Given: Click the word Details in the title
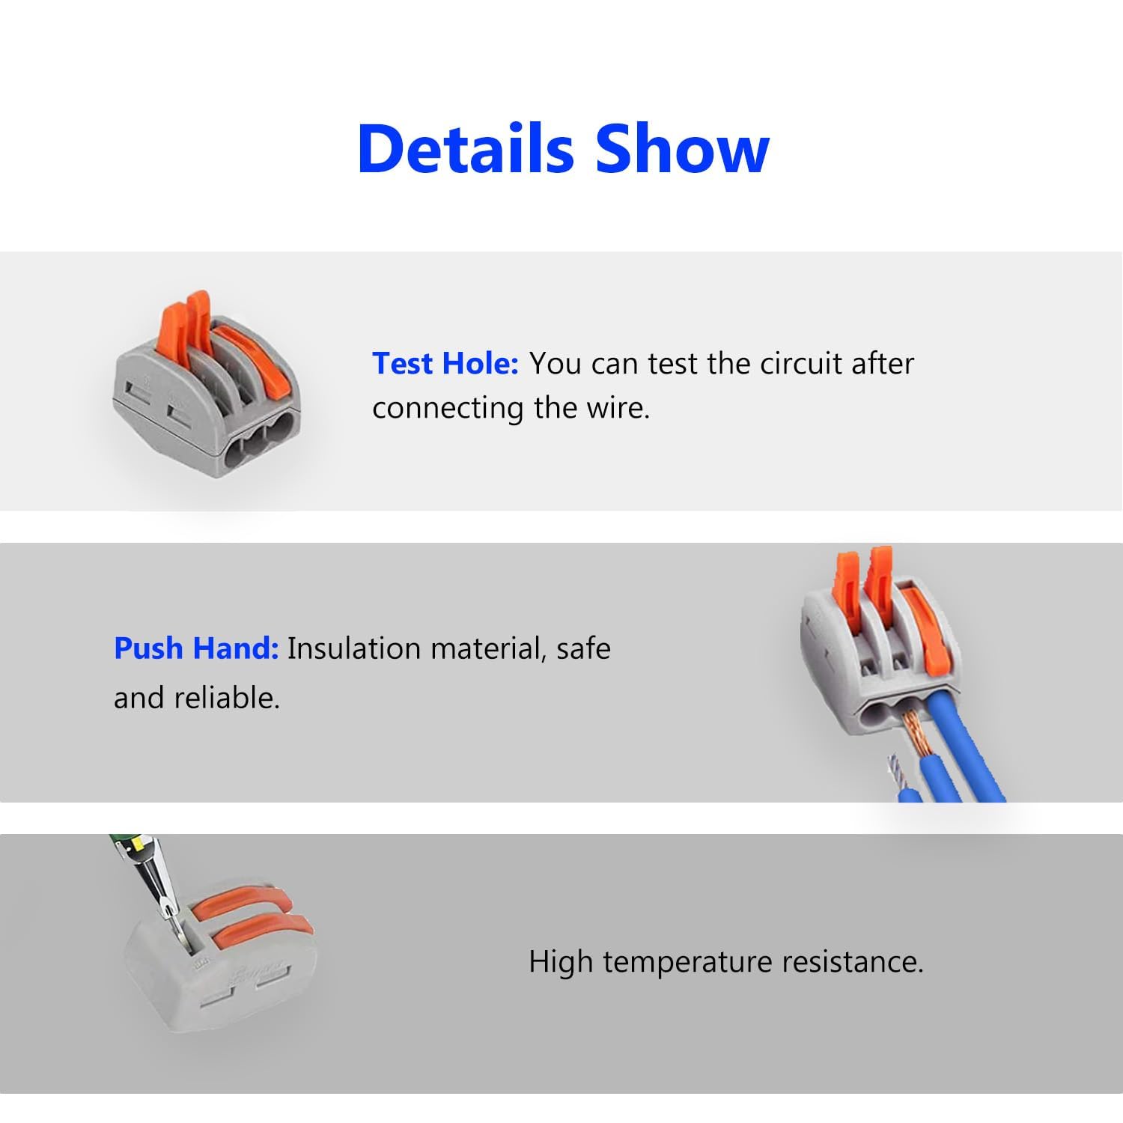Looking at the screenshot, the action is (x=465, y=148).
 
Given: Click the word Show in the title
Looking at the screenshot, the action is (x=682, y=148).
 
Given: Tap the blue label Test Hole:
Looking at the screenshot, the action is (x=445, y=364).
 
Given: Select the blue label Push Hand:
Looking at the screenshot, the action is (x=196, y=648).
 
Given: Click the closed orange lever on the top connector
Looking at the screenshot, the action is (x=240, y=352).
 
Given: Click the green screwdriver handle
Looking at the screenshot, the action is (x=124, y=846).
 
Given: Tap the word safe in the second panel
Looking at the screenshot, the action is (x=583, y=648).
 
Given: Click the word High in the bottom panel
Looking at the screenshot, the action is (x=561, y=962).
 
